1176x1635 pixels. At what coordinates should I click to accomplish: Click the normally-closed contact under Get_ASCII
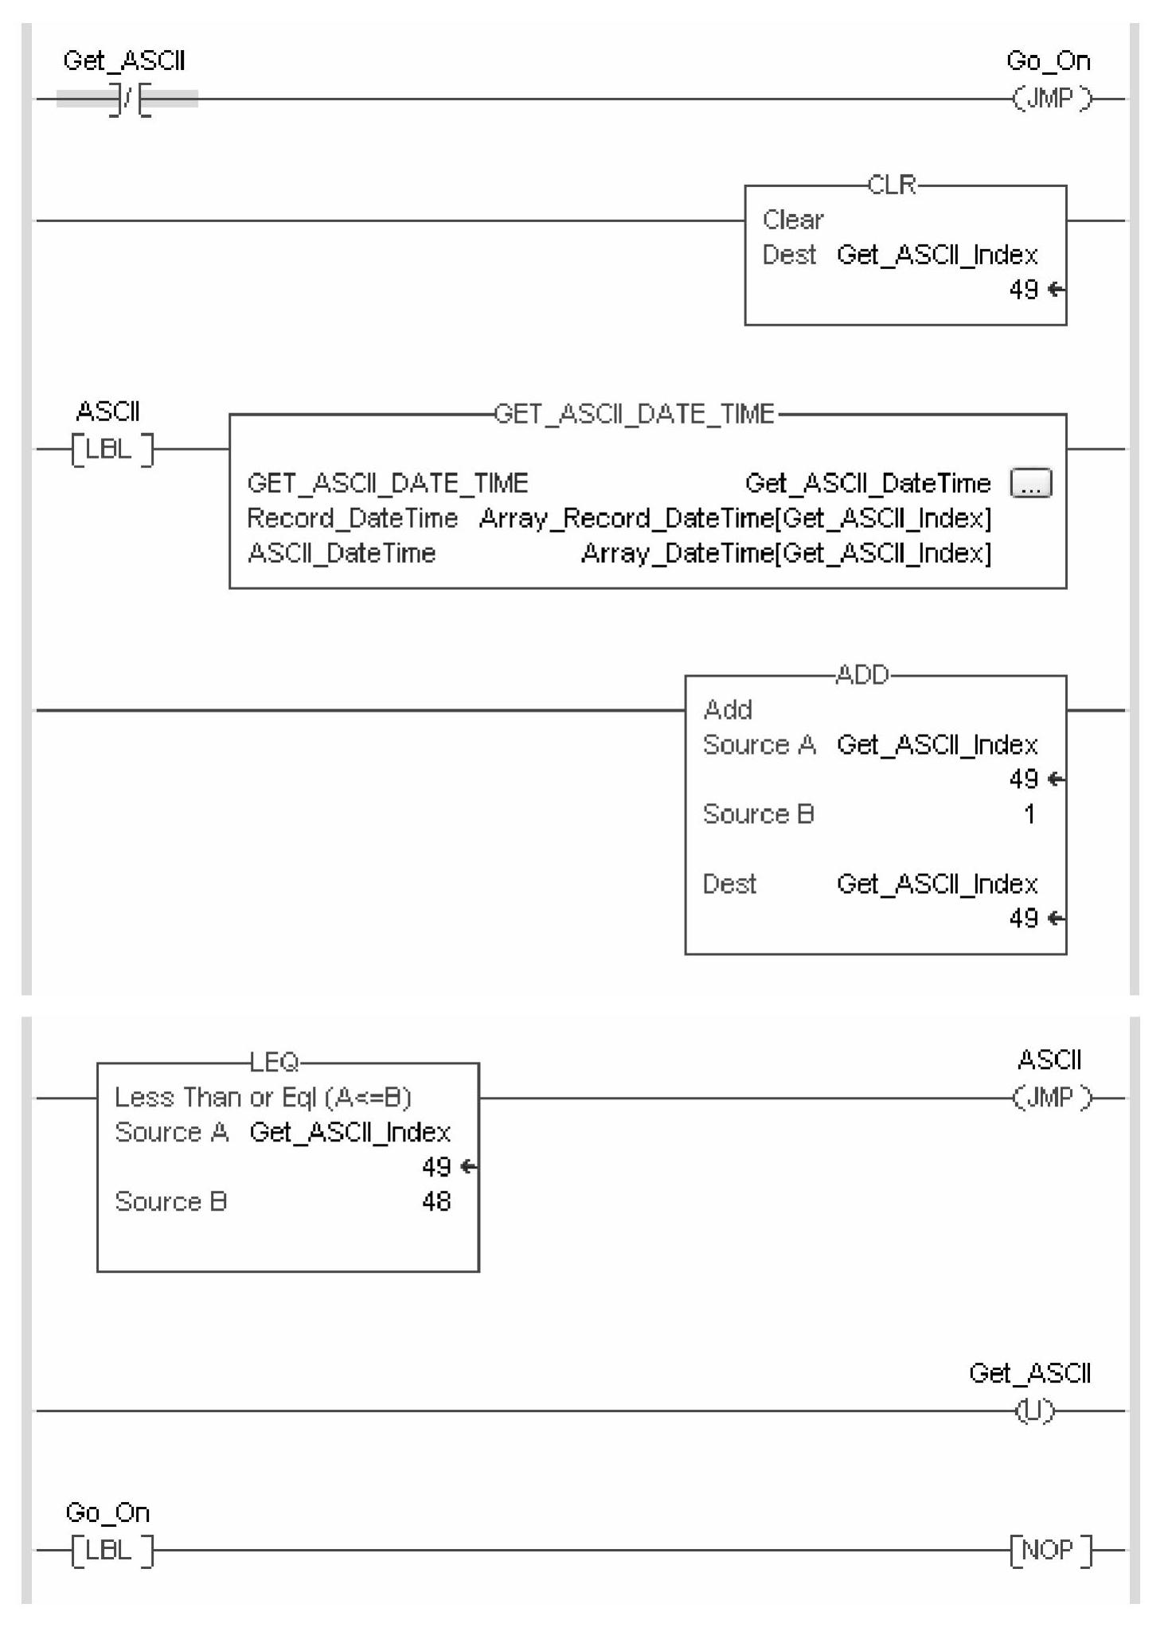pyautogui.click(x=127, y=100)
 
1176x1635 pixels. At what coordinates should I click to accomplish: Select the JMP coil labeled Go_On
pyautogui.click(x=1051, y=99)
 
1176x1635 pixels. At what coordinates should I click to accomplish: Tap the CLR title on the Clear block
pyautogui.click(x=891, y=185)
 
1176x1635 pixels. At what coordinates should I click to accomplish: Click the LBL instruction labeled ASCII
pyautogui.click(x=111, y=449)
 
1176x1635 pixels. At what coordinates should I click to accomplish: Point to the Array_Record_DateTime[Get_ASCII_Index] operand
pyautogui.click(x=735, y=518)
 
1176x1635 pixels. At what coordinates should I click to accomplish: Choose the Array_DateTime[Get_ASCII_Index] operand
pyautogui.click(x=786, y=553)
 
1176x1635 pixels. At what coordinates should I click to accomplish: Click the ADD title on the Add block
pyautogui.click(x=861, y=675)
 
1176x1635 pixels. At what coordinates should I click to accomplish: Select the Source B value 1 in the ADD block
pyautogui.click(x=1029, y=814)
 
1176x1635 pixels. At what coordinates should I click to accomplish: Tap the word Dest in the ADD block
pyautogui.click(x=729, y=884)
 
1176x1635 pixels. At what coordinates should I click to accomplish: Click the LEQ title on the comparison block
pyautogui.click(x=274, y=1061)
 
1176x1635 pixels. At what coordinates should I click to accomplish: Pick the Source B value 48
pyautogui.click(x=436, y=1201)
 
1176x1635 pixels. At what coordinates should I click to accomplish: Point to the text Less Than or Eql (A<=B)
pyautogui.click(x=263, y=1098)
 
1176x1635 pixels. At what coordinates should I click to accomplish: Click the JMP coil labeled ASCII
pyautogui.click(x=1051, y=1098)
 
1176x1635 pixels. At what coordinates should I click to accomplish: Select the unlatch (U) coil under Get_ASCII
pyautogui.click(x=1034, y=1411)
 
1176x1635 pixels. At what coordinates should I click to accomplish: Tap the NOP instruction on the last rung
pyautogui.click(x=1050, y=1550)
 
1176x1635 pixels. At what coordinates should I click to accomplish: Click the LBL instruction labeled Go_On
pyautogui.click(x=111, y=1550)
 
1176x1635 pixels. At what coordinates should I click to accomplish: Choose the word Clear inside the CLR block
pyautogui.click(x=792, y=220)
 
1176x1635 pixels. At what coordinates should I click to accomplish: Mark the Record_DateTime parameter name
pyautogui.click(x=352, y=518)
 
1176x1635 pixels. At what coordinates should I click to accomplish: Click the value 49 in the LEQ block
pyautogui.click(x=436, y=1167)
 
